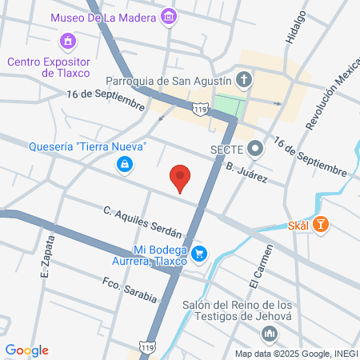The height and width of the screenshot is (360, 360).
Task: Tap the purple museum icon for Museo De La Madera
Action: [x=169, y=17]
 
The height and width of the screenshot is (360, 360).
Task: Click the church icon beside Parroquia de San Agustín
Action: [x=246, y=80]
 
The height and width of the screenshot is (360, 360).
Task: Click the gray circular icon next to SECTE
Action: [x=255, y=148]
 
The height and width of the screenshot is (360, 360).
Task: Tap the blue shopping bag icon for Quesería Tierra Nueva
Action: [x=125, y=164]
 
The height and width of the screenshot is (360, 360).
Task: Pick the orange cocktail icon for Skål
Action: [x=321, y=225]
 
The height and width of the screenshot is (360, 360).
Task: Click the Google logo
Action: [x=26, y=350]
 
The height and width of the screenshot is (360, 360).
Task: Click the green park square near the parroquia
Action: [x=228, y=107]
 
